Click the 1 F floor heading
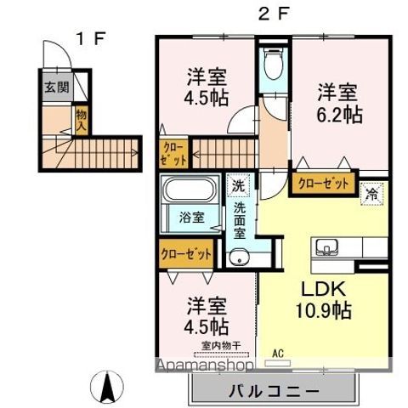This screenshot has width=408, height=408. [x=90, y=38]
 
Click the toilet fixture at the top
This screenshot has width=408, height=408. [x=273, y=64]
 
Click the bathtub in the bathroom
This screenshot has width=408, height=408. [x=190, y=190]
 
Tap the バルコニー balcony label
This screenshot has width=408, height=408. [x=274, y=393]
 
